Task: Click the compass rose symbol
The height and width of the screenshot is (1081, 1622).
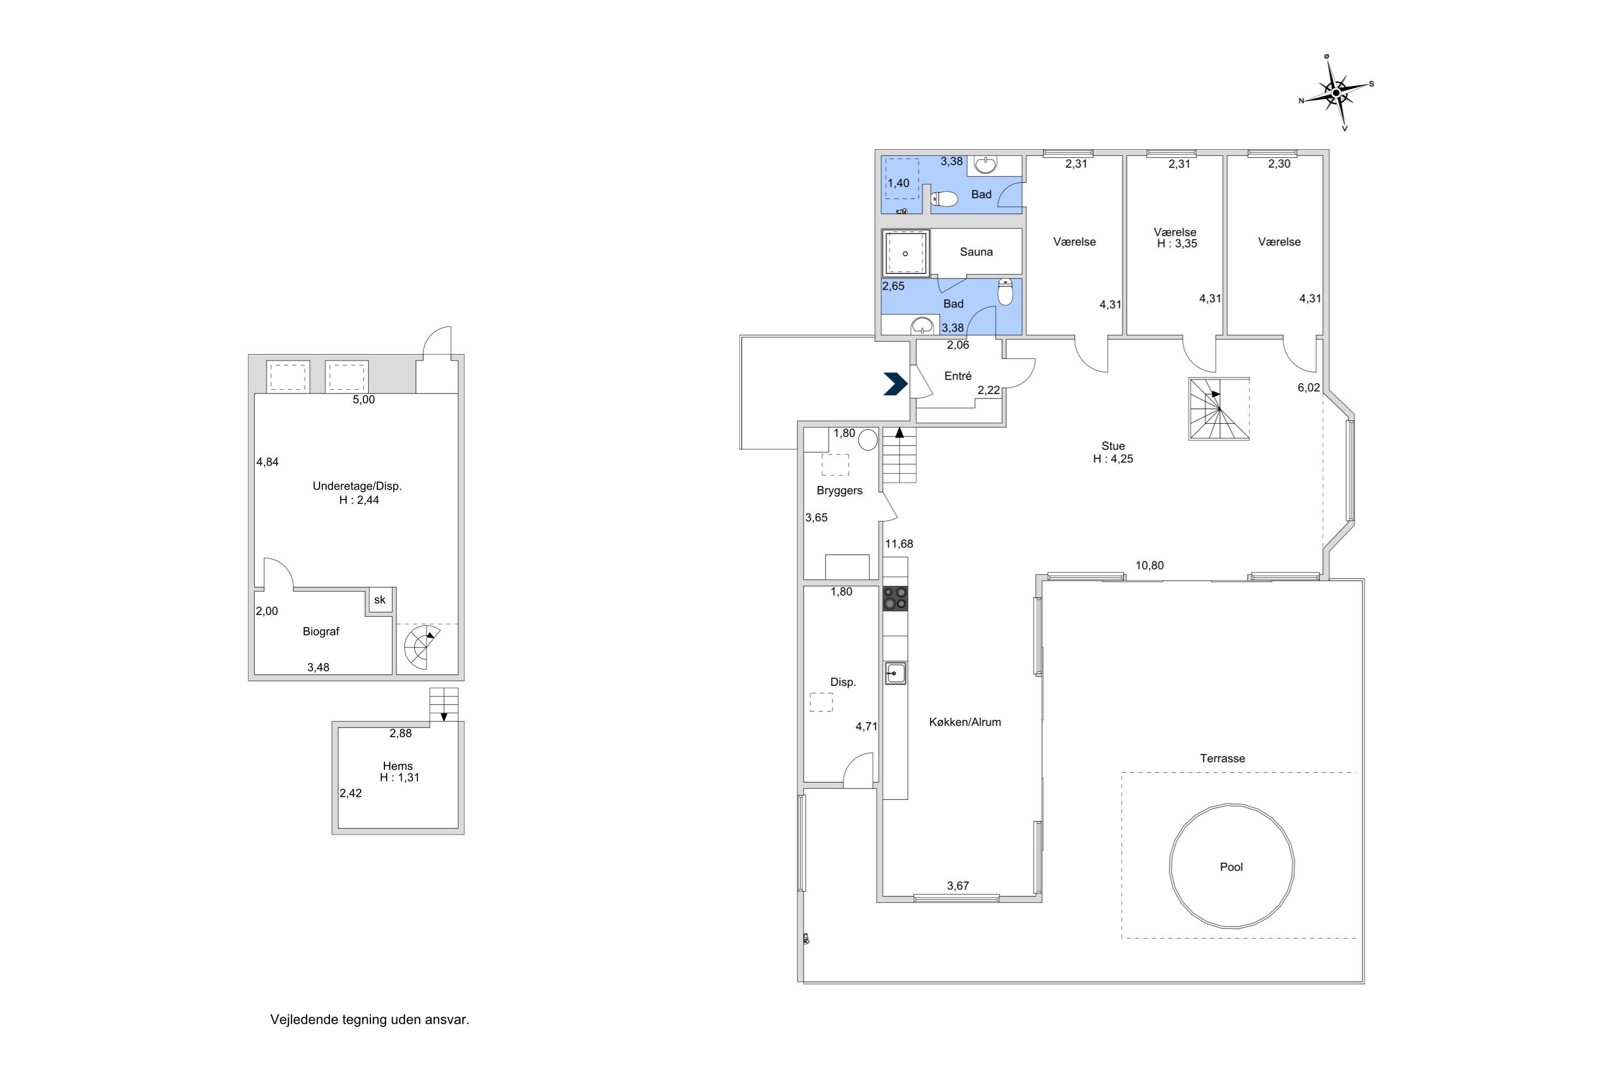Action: click(1336, 92)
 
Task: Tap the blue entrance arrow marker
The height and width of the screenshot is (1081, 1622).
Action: click(895, 384)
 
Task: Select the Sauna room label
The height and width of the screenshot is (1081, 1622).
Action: click(976, 252)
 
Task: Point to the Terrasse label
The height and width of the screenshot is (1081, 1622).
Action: click(1222, 758)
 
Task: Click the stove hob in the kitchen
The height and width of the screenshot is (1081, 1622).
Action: click(895, 598)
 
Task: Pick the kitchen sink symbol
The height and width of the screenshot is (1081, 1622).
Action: click(895, 673)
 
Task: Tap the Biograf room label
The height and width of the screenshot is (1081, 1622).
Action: click(321, 631)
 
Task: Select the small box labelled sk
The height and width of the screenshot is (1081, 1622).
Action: click(380, 600)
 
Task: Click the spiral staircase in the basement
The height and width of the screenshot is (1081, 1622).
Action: click(420, 648)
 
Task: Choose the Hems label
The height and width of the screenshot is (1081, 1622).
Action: click(397, 766)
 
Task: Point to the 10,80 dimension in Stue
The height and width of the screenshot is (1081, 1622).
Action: click(1149, 565)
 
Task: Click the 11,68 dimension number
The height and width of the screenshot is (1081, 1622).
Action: click(899, 544)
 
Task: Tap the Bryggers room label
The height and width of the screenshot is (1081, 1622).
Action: click(839, 491)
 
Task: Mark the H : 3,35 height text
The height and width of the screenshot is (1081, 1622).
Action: click(1176, 244)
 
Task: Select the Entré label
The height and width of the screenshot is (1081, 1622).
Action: click(958, 376)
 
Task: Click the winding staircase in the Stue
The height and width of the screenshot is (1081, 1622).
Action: click(1219, 408)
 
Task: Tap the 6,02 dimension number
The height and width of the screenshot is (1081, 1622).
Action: click(1308, 388)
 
